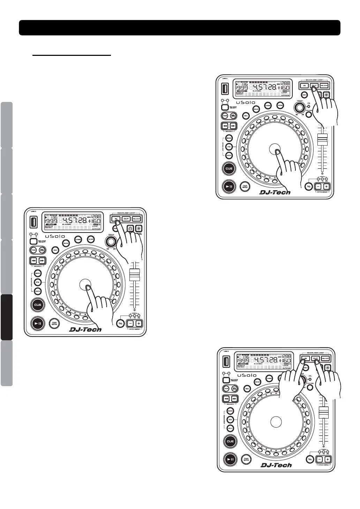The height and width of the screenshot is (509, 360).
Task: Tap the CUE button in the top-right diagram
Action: click(x=229, y=169)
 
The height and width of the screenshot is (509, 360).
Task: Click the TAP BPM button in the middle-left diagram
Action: click(x=54, y=323)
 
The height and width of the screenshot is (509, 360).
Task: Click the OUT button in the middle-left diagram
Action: click(x=126, y=219)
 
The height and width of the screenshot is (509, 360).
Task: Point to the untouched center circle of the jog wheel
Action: click(x=276, y=421)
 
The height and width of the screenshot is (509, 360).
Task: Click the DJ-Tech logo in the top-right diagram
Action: click(x=275, y=192)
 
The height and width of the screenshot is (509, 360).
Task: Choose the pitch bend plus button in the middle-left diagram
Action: click(x=138, y=324)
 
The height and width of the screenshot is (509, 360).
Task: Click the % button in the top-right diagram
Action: click(x=308, y=187)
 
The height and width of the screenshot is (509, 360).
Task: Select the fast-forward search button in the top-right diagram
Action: click(x=234, y=126)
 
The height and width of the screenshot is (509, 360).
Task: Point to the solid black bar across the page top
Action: click(x=180, y=28)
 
